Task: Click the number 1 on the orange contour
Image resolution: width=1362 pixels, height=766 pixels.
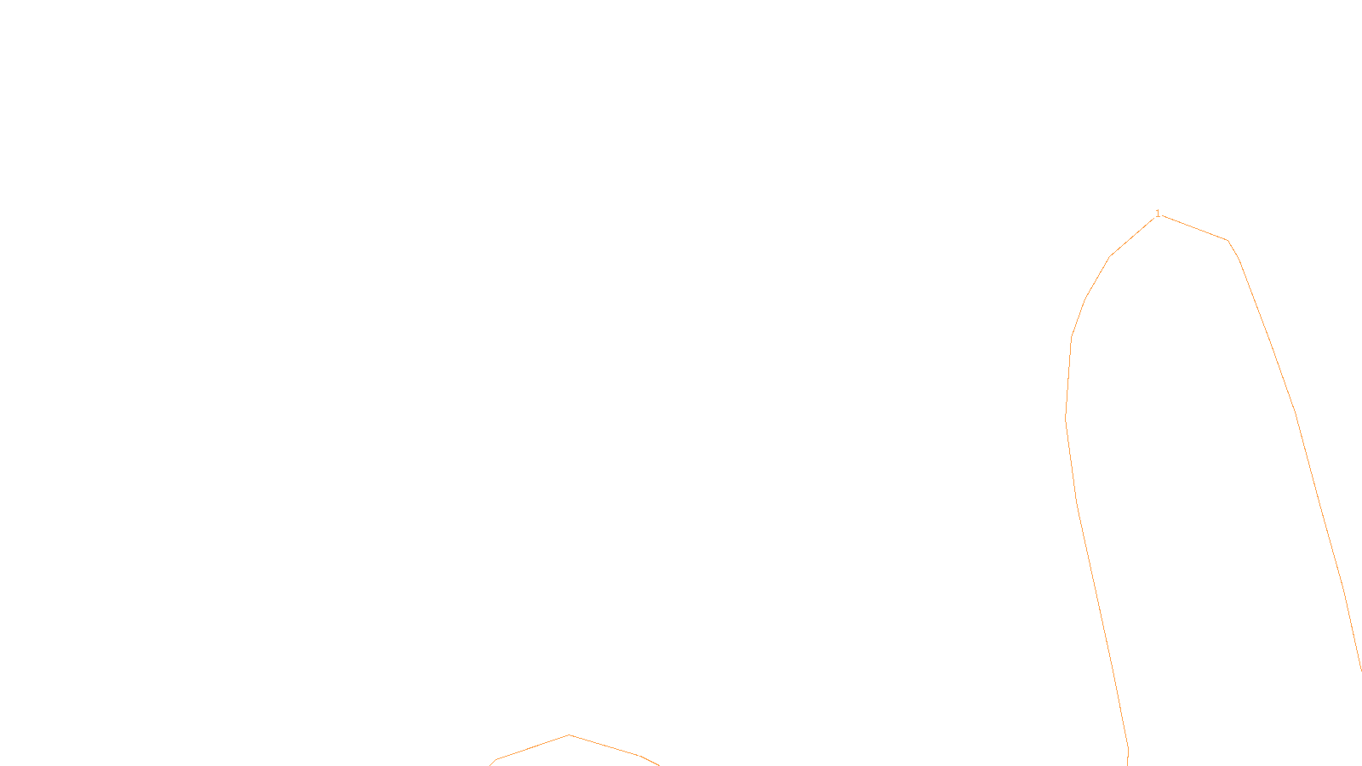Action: pos(1158,214)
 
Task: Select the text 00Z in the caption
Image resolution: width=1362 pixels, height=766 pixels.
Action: pos(645,752)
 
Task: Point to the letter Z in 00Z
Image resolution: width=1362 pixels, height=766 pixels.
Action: pos(651,752)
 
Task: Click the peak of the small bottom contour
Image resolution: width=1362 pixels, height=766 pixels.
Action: pos(569,735)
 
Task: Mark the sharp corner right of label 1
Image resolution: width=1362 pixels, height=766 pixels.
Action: pos(1228,241)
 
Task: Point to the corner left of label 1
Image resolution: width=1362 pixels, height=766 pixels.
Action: pos(1110,256)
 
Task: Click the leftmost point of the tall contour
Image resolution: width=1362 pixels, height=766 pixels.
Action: pos(1067,417)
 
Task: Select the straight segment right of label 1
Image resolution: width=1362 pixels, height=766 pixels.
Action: pos(1193,228)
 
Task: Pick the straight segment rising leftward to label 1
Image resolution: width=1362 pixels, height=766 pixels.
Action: pos(1133,237)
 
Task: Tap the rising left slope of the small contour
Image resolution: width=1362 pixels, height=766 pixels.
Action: pos(532,748)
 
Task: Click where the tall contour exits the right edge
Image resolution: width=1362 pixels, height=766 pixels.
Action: pos(1360,669)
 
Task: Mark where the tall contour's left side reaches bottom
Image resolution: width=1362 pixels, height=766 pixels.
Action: pos(1128,762)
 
